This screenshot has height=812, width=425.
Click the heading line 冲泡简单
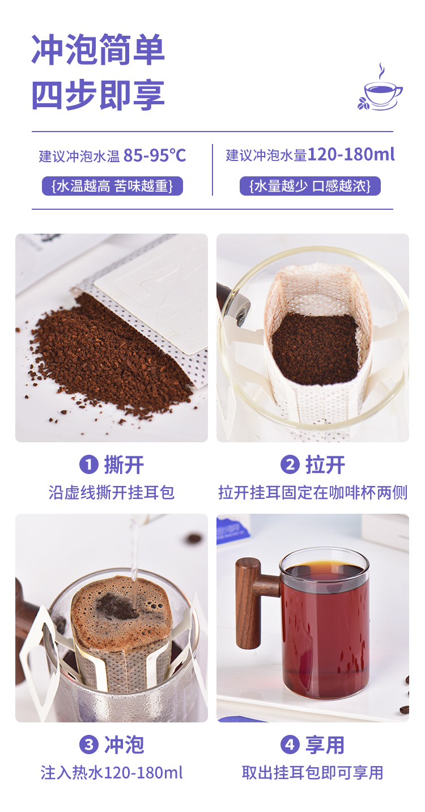(x=97, y=50)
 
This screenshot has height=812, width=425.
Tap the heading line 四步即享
(x=97, y=95)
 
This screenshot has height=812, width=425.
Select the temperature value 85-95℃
(x=155, y=155)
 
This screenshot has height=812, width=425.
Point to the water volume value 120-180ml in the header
(x=351, y=155)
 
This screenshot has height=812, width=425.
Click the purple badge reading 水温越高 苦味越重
(x=112, y=186)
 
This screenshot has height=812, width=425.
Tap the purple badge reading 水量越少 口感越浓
(x=310, y=186)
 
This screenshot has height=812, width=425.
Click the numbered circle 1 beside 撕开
(x=88, y=466)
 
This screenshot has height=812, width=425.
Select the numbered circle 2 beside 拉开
(x=290, y=466)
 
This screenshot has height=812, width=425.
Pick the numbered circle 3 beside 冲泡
(x=88, y=745)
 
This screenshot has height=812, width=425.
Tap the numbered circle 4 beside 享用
(x=290, y=745)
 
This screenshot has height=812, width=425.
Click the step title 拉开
(x=325, y=466)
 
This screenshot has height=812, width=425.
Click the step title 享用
(x=325, y=745)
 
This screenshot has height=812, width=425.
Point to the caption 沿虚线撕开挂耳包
(x=112, y=493)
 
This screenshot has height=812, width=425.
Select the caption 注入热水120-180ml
(x=112, y=772)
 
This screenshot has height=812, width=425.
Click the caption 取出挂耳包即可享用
(x=313, y=772)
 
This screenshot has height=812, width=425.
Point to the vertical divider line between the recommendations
(x=212, y=170)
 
